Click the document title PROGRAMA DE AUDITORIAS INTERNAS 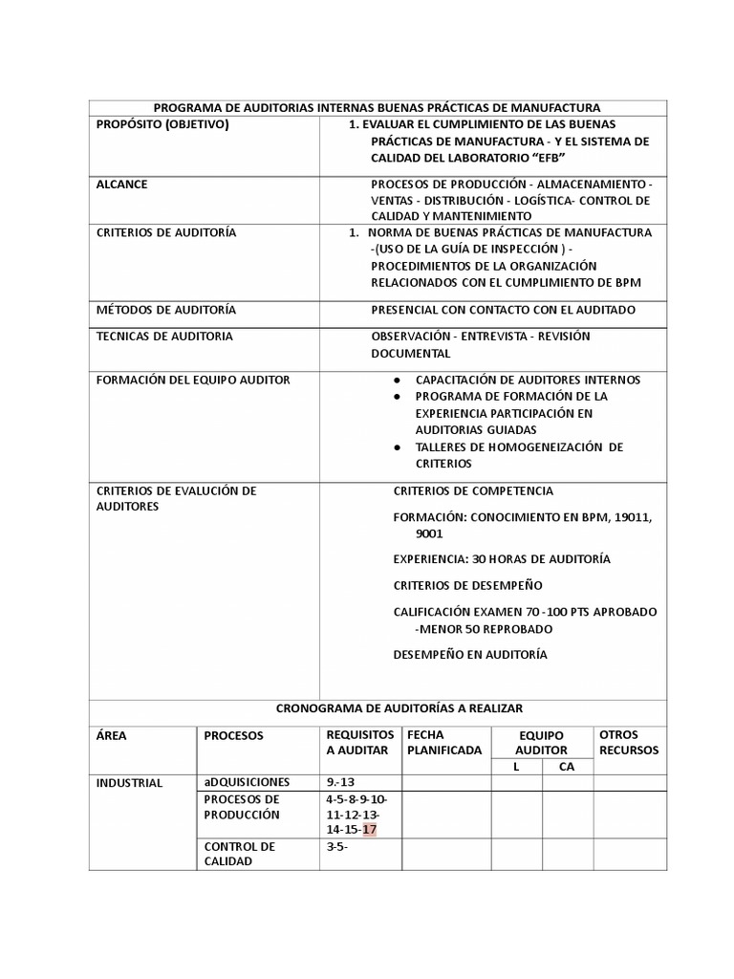click(x=377, y=108)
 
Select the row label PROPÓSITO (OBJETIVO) click(x=163, y=125)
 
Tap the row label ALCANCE click(x=122, y=185)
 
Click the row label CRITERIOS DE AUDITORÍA click(x=166, y=232)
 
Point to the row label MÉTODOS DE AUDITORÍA click(x=166, y=310)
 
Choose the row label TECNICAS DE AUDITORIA click(x=164, y=337)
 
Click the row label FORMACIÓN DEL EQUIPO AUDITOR click(x=193, y=380)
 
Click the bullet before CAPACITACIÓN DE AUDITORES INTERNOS click(x=397, y=380)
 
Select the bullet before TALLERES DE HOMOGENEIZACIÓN click(x=397, y=447)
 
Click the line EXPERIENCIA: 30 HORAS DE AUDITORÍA click(x=502, y=558)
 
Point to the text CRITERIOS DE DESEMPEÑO click(x=467, y=585)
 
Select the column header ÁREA click(x=112, y=735)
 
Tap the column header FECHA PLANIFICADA click(x=444, y=743)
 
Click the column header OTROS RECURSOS click(x=629, y=743)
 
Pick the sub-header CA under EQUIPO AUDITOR click(x=567, y=768)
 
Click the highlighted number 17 click(x=369, y=829)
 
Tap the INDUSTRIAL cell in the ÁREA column click(x=130, y=783)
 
